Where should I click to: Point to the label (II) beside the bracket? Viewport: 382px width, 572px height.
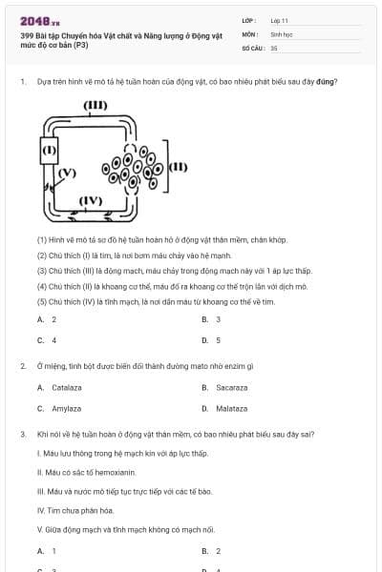(178, 167)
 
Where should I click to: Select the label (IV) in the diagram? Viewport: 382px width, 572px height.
(91, 200)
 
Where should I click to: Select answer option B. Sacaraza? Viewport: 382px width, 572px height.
(225, 388)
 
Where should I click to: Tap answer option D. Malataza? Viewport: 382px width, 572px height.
(225, 408)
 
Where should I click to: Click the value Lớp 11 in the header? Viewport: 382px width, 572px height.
(280, 20)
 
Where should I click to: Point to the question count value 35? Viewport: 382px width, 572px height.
(274, 47)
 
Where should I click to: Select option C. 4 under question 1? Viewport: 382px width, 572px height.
(47, 339)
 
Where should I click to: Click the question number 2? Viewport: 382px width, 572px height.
(22, 366)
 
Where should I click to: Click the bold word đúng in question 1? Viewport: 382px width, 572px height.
(328, 81)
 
